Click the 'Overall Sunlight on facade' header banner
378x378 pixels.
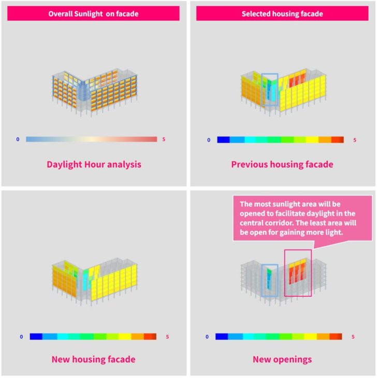(93, 14)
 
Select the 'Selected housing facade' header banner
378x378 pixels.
(282, 14)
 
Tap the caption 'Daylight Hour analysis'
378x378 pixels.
(94, 164)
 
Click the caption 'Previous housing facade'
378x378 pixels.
(282, 164)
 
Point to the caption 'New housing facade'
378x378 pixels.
(94, 359)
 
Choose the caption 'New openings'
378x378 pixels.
(282, 359)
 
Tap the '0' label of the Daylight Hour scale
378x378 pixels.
(18, 139)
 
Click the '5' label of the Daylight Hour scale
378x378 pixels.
(164, 139)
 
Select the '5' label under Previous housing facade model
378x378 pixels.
(355, 140)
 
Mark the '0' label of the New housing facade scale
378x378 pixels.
(21, 337)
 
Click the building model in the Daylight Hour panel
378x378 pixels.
(93, 91)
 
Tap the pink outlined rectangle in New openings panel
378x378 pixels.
(298, 273)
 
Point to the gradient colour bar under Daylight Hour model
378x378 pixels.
(91, 139)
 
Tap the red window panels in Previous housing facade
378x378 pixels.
(298, 81)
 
